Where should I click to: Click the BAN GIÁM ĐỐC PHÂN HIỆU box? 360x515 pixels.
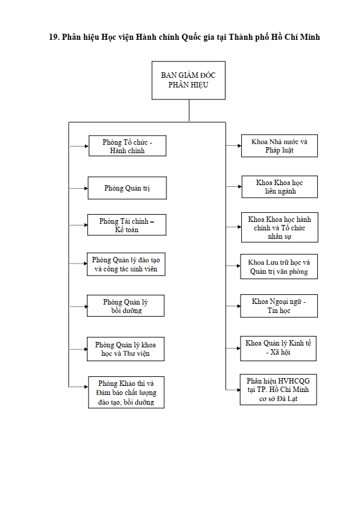point(188,80)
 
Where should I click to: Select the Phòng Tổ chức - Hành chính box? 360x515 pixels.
point(127,145)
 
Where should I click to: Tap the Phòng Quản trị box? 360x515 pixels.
point(127,188)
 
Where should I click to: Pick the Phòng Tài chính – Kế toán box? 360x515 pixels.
point(127,225)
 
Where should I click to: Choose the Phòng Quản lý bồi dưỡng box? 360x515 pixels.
point(125,306)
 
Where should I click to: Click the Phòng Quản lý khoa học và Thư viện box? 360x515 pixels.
point(125,349)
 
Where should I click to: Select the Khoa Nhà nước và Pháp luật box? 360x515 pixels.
point(279,145)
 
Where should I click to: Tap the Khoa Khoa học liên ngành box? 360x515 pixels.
point(280,186)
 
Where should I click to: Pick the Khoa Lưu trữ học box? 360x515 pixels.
point(279,267)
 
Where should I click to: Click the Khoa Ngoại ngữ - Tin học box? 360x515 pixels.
point(279,306)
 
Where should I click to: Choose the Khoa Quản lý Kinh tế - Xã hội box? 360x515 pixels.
point(278,348)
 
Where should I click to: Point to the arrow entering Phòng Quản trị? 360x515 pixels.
point(79,188)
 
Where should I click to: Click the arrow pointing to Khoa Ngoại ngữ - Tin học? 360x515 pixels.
point(233,306)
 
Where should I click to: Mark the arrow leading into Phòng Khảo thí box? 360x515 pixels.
point(79,387)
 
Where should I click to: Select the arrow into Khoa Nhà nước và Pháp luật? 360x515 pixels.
point(234,145)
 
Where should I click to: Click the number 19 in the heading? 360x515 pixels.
point(54,37)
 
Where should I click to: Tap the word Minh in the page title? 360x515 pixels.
point(310,37)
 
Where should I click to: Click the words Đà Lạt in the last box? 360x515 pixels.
point(288,399)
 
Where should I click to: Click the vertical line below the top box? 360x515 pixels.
point(189,110)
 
